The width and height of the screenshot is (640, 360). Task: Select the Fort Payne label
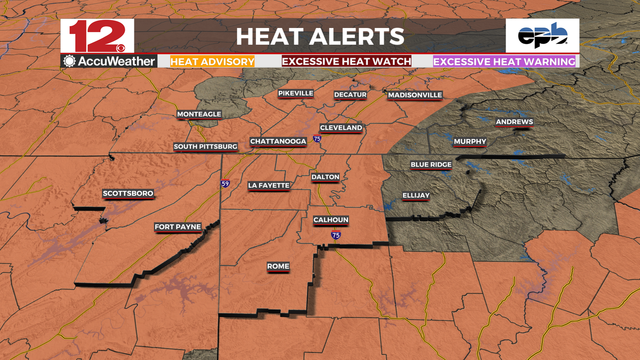coord(178,227)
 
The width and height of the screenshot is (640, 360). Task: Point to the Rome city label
coord(278,266)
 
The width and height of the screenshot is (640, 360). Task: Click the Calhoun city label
coord(330,220)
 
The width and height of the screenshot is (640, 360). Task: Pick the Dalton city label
coord(326,177)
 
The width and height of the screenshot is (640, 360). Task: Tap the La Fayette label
coord(268,185)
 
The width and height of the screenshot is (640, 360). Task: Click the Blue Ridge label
coord(431,164)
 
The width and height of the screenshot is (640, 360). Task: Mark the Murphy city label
coord(469,142)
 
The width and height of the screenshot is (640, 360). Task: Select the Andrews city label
coord(514,122)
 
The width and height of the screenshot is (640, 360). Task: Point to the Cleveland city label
coord(341,128)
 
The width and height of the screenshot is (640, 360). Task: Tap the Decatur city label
coord(350,95)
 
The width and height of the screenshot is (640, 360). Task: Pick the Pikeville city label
coord(295,93)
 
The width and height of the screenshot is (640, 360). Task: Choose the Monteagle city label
coord(199,115)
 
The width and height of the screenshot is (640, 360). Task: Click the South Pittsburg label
coord(205,147)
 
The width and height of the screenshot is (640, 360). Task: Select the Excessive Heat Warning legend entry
coord(505,61)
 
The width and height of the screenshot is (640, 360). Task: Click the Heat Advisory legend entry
coord(212,61)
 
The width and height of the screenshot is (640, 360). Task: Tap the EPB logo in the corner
coord(541,36)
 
